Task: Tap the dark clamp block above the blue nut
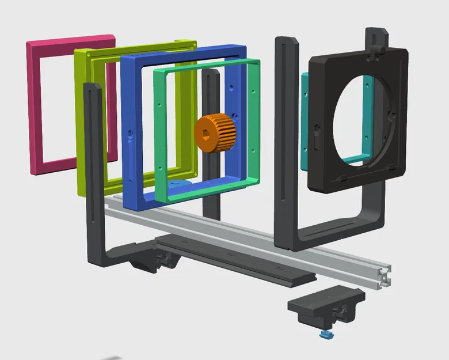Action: (326, 305)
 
